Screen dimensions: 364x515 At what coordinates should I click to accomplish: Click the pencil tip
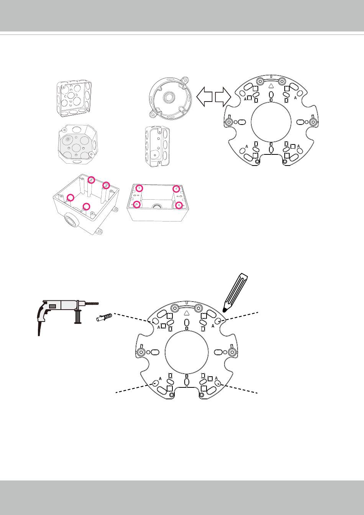pos(224,311)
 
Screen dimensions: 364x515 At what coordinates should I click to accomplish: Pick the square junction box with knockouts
pos(74,99)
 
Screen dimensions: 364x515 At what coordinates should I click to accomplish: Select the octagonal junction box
pos(78,144)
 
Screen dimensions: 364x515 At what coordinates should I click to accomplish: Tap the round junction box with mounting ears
pos(170,97)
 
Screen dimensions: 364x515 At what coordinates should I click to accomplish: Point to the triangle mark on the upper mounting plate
pos(271,86)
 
